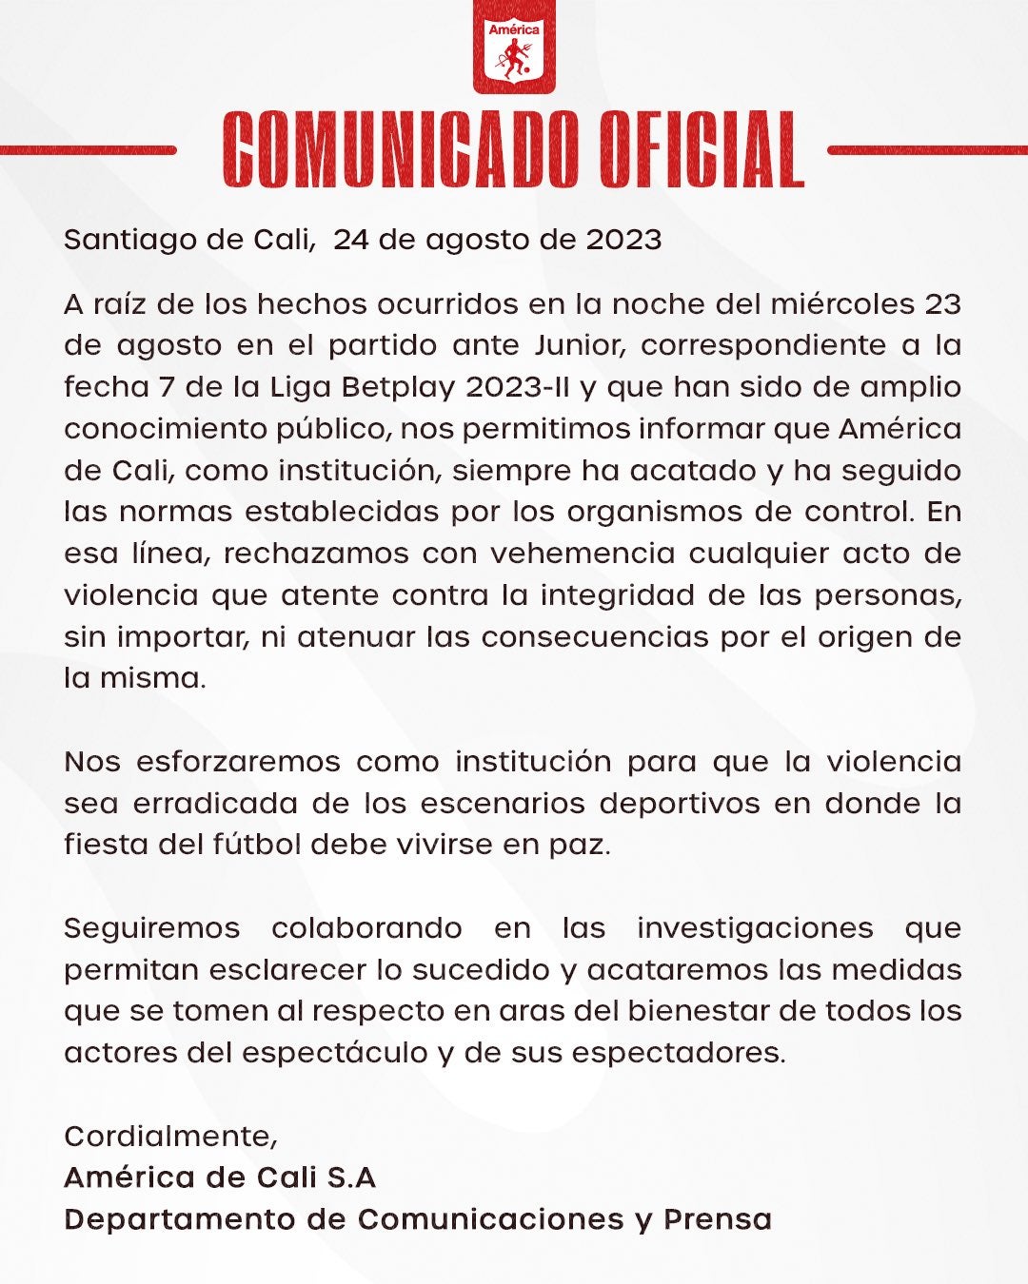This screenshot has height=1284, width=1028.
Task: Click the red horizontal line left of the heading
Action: pos(88,150)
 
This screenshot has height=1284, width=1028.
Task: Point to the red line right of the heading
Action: pos(927,150)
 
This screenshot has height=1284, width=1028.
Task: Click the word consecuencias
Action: pos(595,637)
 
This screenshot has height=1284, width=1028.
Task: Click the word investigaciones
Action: pos(755,928)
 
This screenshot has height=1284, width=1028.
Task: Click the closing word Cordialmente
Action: pos(170,1137)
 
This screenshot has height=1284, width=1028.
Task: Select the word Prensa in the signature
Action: pos(718,1219)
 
